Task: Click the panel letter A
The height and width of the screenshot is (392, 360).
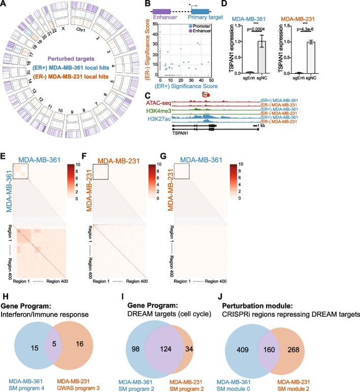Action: (5, 4)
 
